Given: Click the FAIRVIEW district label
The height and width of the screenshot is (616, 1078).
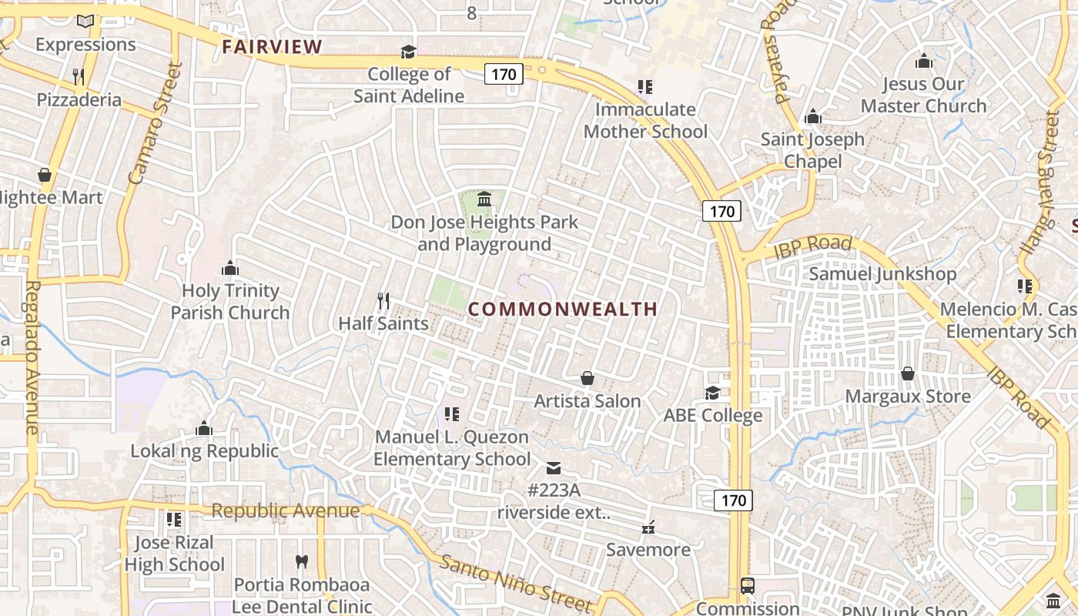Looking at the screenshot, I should tap(272, 47).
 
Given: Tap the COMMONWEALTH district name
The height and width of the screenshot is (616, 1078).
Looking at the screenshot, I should tap(563, 309).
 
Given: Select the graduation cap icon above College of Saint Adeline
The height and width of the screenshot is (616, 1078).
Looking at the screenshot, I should tap(408, 52).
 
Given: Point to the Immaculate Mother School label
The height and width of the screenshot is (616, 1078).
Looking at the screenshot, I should tap(645, 120).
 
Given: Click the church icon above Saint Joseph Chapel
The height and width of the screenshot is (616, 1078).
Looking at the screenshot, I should tap(812, 117).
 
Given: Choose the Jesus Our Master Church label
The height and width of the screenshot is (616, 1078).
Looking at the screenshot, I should tap(923, 95).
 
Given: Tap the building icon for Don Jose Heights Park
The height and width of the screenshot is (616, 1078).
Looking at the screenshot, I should tap(484, 200).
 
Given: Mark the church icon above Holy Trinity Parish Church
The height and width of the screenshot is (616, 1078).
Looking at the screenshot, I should tap(229, 268).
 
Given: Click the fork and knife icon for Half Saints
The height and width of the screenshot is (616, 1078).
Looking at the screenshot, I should tap(383, 300).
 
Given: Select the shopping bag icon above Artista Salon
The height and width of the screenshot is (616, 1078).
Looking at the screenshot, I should tap(588, 378).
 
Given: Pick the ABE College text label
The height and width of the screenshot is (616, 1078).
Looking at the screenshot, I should tap(713, 415).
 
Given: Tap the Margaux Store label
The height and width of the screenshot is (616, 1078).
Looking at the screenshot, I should tap(908, 397).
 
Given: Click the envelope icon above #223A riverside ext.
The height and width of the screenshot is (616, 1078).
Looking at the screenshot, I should tap(554, 467).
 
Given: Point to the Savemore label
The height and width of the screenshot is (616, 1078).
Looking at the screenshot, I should tap(648, 549).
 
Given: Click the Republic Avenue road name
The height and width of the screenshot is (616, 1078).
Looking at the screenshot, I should tap(285, 511).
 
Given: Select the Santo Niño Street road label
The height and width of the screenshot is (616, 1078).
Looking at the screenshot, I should tap(515, 583).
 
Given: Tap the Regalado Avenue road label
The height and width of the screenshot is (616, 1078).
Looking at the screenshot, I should tap(32, 357).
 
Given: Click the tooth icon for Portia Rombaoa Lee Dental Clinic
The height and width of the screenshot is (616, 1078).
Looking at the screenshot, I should tap(302, 562).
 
